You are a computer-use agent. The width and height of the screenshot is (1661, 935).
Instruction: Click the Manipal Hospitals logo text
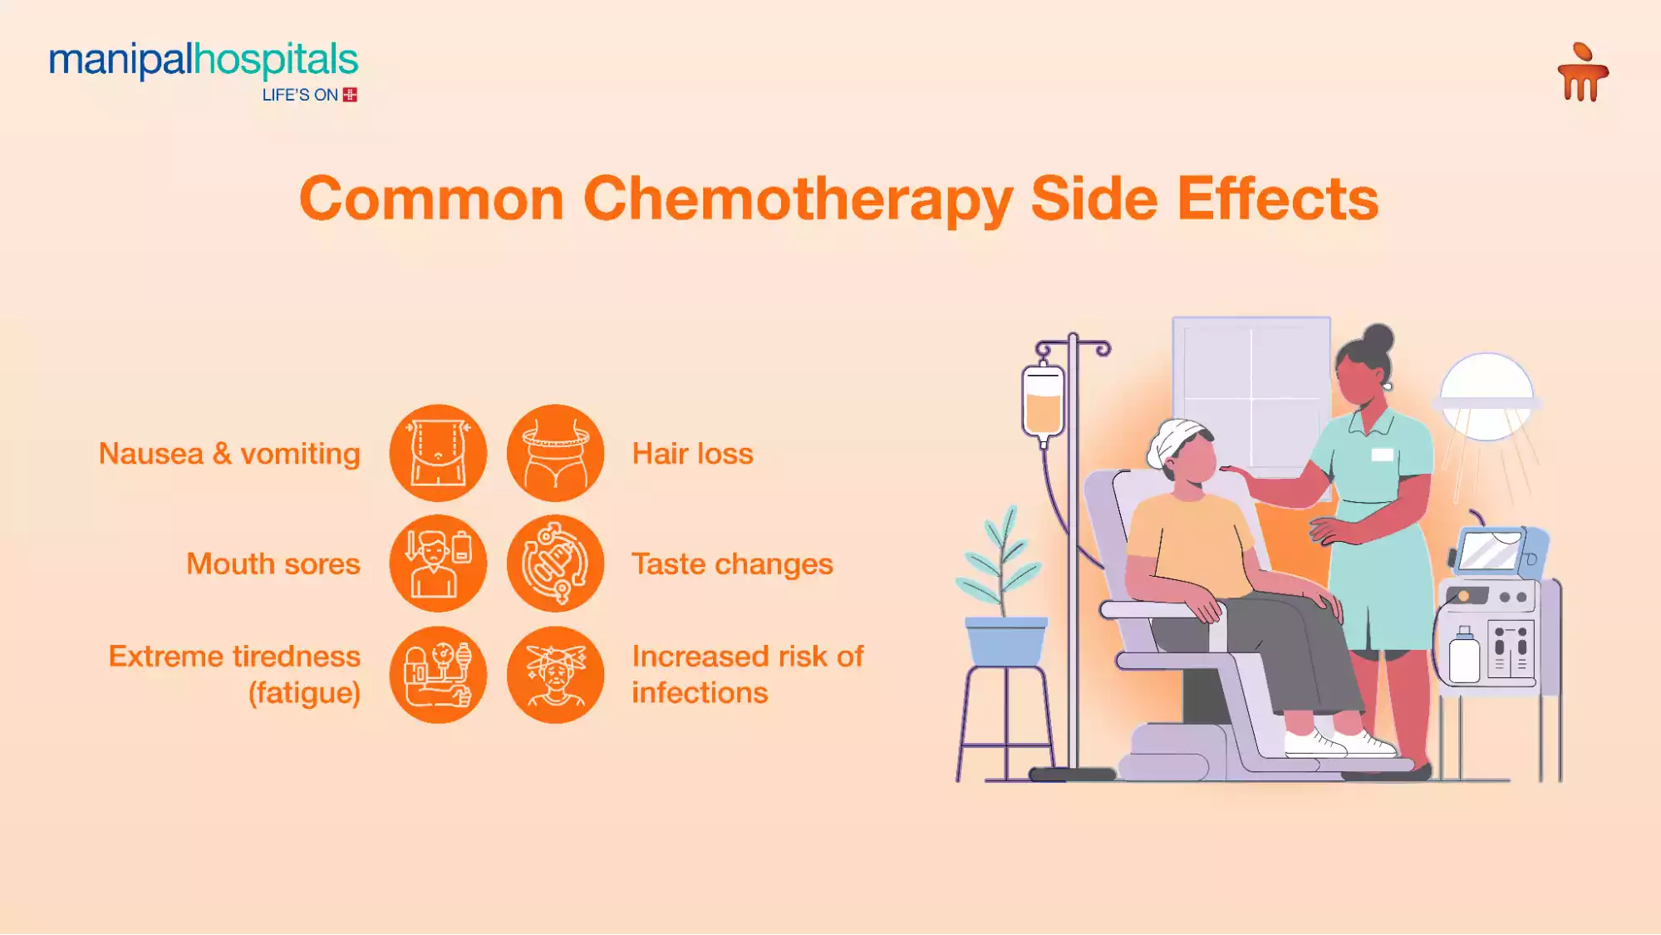(204, 61)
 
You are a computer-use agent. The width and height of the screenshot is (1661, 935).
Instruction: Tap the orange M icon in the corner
(1583, 74)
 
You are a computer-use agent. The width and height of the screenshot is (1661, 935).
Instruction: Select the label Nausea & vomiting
(229, 454)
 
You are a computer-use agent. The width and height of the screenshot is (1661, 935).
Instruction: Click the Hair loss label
(692, 454)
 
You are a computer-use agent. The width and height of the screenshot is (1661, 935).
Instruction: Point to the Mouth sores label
(273, 564)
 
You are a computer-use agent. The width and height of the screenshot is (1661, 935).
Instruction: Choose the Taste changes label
(732, 564)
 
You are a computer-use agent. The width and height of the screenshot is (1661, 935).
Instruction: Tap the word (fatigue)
(304, 693)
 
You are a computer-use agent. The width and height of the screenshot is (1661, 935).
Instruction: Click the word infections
(700, 693)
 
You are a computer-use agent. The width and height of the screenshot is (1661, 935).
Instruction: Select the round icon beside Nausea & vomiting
(438, 453)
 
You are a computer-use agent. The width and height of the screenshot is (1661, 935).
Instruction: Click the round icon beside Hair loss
(555, 453)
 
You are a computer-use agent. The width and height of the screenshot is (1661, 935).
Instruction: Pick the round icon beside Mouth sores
(438, 563)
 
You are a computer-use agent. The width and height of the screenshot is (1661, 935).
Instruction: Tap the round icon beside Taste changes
(555, 563)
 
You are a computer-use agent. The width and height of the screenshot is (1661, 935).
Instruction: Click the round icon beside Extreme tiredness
(438, 675)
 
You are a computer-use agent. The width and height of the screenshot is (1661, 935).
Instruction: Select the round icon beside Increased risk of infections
(555, 675)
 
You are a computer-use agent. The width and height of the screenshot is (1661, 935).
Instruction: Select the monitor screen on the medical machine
(1490, 551)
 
